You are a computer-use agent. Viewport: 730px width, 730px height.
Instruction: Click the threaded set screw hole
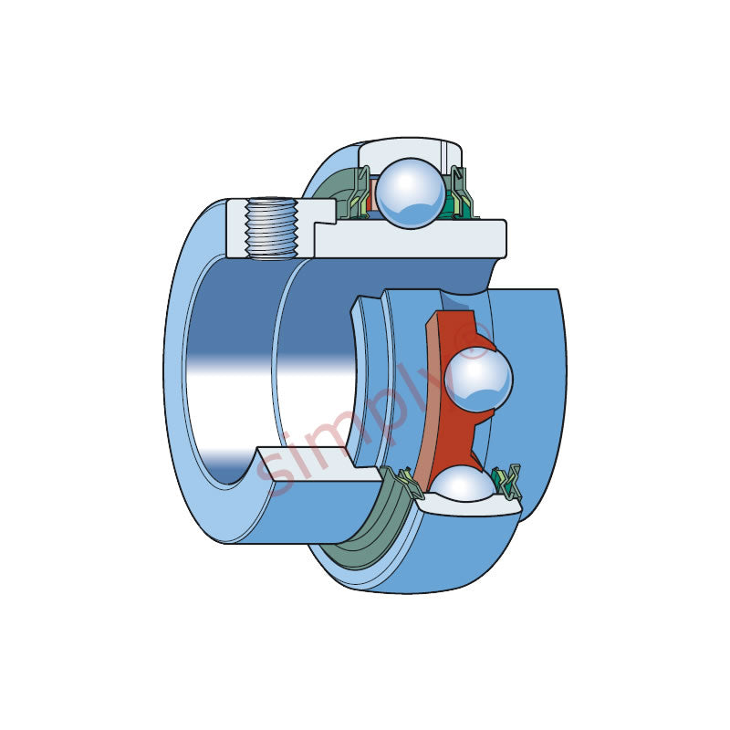tap(271, 228)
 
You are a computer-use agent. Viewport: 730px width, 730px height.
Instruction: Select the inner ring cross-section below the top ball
tap(411, 239)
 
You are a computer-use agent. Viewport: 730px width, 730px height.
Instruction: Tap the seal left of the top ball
tap(360, 195)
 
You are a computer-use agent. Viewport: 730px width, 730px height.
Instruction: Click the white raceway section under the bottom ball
tap(465, 506)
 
